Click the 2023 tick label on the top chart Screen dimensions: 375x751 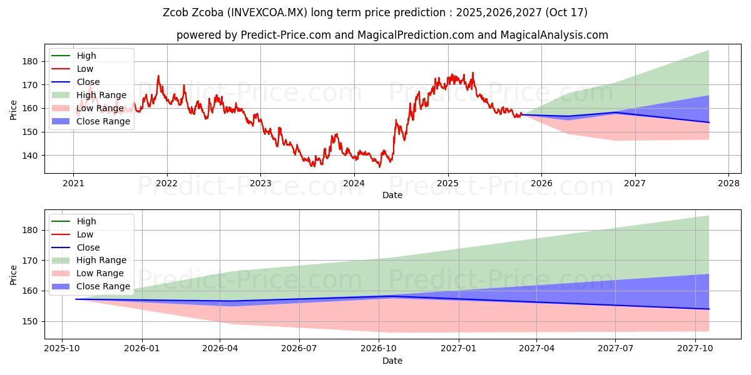(x=260, y=183)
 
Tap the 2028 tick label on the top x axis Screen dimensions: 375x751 (x=728, y=183)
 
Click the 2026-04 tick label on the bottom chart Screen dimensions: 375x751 (x=220, y=349)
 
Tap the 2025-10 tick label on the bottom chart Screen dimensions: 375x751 (x=62, y=349)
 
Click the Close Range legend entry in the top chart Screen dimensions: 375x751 (x=103, y=121)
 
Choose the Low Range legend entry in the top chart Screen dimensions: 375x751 (x=100, y=108)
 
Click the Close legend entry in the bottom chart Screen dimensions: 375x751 (x=88, y=247)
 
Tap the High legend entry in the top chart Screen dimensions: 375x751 (x=86, y=56)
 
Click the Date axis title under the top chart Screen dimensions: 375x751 (x=392, y=195)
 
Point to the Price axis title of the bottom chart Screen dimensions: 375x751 (x=14, y=274)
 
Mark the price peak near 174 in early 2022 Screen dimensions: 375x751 (x=158, y=76)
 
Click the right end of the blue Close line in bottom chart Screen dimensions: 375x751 (x=709, y=309)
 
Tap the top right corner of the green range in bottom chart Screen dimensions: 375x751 (x=709, y=216)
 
